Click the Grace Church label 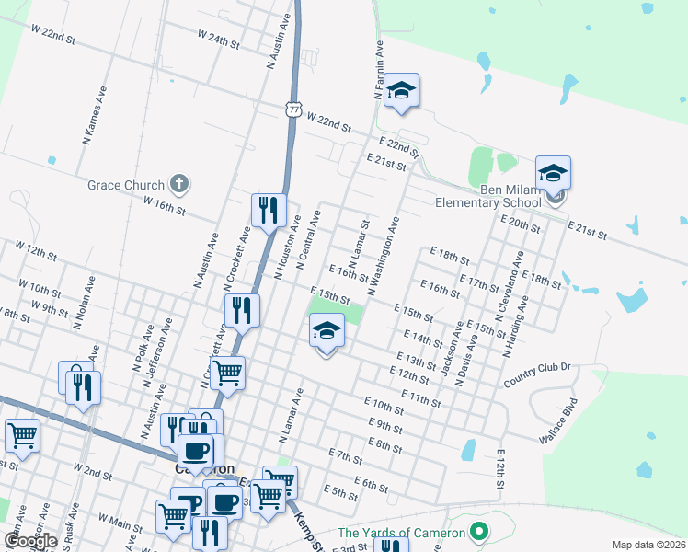[126, 185]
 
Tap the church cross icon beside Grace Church [179, 184]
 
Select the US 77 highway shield [293, 109]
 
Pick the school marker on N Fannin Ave [401, 91]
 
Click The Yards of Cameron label [403, 532]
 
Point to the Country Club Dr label [537, 374]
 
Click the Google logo [30, 541]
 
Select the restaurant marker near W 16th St [269, 211]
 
